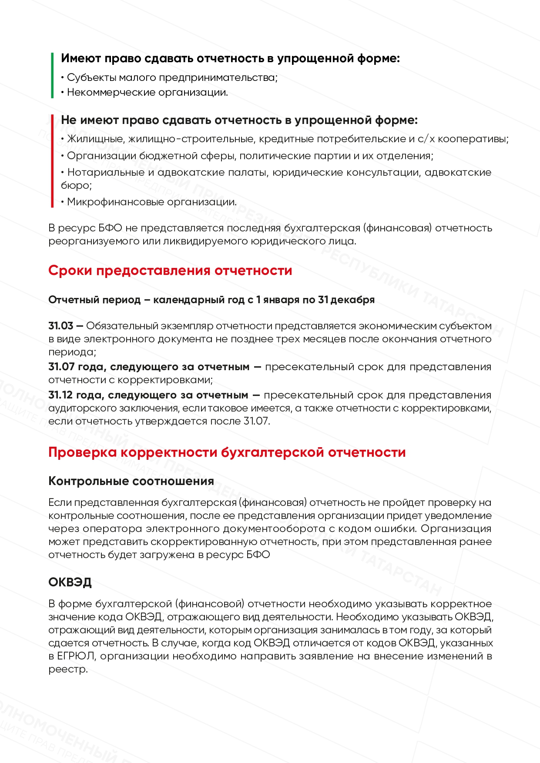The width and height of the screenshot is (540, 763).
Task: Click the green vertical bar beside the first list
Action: click(52, 75)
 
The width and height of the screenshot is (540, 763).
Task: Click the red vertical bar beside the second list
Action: click(52, 161)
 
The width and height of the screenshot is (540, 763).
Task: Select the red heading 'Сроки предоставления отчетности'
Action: click(170, 271)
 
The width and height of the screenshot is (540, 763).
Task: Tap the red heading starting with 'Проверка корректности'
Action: click(227, 452)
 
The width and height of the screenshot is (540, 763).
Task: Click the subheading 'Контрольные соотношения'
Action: click(131, 481)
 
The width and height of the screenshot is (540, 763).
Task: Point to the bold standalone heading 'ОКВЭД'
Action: click(70, 582)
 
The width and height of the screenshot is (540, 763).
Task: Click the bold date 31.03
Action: click(61, 326)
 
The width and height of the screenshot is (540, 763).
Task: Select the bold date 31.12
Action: click(60, 395)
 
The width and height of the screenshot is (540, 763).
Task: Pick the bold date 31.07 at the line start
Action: click(61, 367)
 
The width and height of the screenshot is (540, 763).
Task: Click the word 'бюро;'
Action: click(76, 186)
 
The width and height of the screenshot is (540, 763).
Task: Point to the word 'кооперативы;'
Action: click(473, 139)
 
